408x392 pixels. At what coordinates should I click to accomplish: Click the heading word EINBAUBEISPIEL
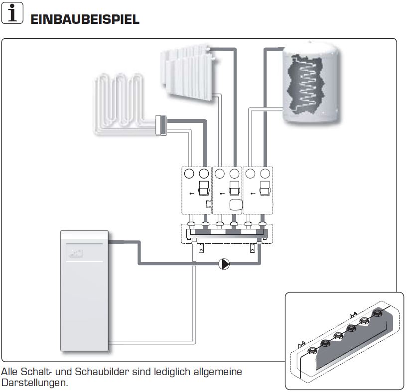(85, 19)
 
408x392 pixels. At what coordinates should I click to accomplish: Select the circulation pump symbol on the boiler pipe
(224, 264)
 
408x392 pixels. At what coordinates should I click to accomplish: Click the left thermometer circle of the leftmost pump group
(189, 174)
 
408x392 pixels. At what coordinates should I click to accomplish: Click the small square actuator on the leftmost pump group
(209, 204)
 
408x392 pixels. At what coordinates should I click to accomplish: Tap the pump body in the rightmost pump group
(265, 189)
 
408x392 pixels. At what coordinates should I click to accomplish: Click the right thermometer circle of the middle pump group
(235, 174)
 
